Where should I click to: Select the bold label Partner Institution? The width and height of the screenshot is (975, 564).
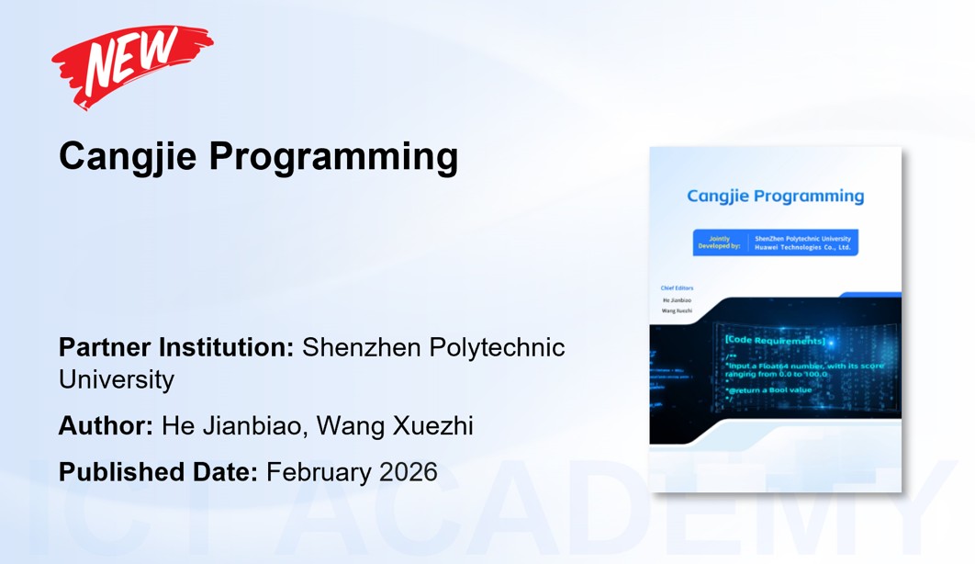(176, 348)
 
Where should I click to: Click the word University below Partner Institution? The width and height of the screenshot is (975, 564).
(117, 378)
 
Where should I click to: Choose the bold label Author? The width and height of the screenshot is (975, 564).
(106, 426)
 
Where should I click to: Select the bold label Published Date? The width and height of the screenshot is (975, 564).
(158, 472)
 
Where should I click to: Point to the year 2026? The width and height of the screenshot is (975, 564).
(407, 472)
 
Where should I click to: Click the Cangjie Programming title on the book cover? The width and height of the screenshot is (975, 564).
(776, 196)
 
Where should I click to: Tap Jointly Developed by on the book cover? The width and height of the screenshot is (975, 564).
(719, 243)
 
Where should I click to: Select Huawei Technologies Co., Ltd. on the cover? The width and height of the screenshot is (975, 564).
(802, 247)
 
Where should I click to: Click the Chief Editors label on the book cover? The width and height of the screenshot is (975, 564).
(678, 288)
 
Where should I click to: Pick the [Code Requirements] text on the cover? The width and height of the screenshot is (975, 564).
(775, 341)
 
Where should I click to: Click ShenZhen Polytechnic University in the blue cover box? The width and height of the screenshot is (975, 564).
(802, 239)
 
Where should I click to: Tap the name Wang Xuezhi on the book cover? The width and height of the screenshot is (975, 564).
(678, 311)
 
